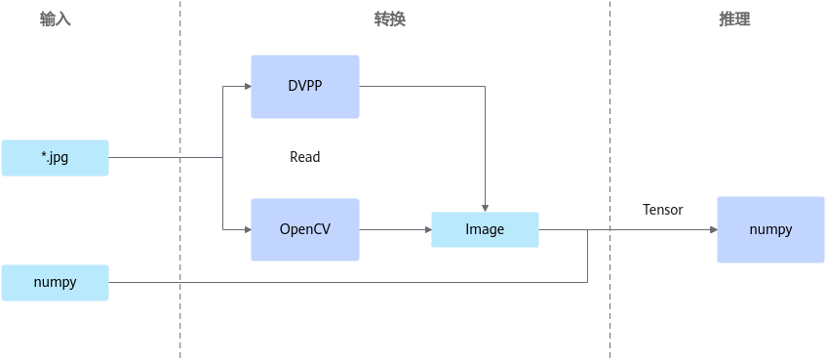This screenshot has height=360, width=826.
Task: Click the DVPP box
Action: click(305, 87)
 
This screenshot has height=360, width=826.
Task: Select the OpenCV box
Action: click(305, 230)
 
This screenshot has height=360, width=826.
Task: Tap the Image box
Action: click(485, 230)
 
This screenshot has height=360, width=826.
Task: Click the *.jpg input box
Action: click(55, 158)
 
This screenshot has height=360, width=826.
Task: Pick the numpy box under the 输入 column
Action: click(55, 283)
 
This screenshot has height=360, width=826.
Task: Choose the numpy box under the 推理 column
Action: click(770, 230)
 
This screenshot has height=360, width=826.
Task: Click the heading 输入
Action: click(56, 20)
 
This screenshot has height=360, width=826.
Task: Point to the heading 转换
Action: click(390, 20)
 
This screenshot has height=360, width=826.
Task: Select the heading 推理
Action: click(734, 20)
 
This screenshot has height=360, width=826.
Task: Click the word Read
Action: click(305, 157)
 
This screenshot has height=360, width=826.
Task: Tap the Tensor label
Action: click(663, 210)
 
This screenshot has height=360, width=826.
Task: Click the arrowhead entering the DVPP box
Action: click(248, 87)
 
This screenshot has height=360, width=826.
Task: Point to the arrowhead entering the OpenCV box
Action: click(248, 230)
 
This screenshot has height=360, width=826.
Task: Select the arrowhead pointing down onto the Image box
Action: click(486, 208)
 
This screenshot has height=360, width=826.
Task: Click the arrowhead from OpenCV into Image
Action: click(428, 230)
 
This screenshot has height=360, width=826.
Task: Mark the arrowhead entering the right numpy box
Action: click(714, 230)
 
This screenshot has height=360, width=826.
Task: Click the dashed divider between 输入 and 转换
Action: click(179, 180)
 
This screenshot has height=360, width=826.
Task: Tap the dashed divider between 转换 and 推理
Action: click(610, 180)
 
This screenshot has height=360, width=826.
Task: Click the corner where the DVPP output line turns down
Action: click(486, 87)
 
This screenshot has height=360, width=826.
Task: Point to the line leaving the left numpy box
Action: click(348, 283)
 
